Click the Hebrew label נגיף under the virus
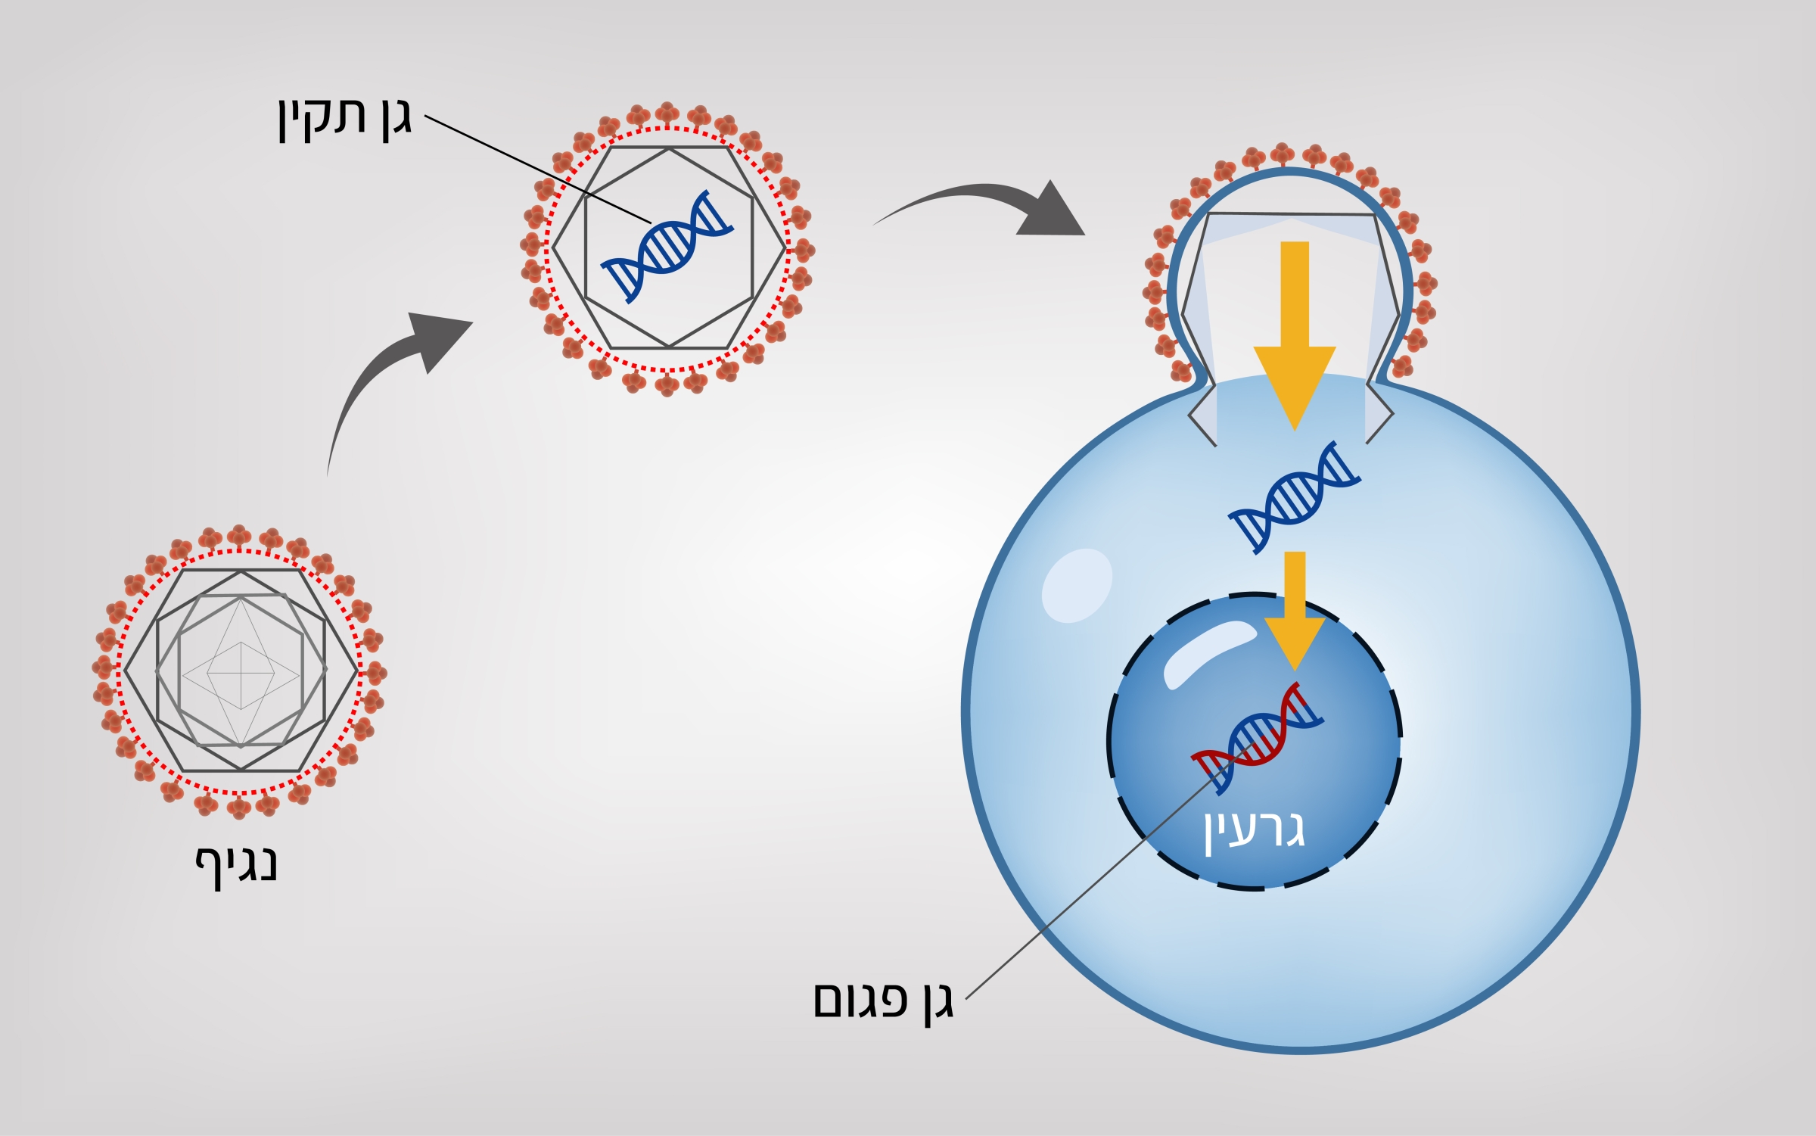237,865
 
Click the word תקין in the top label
322,119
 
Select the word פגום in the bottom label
858,1001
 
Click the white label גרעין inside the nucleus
1255,831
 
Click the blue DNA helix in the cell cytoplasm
1294,497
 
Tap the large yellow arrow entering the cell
1295,333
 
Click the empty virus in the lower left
240,671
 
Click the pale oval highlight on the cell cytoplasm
1075,585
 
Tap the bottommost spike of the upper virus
667,387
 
